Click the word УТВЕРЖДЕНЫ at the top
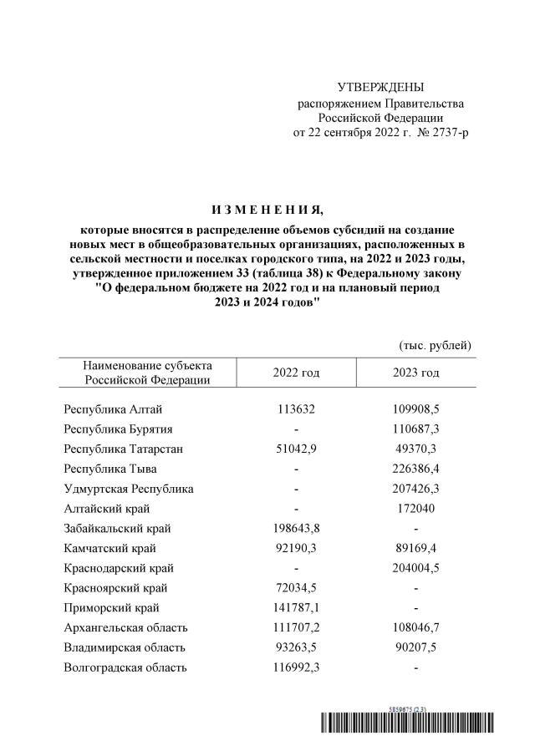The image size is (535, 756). (380, 88)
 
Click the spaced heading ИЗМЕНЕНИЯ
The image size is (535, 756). (266, 209)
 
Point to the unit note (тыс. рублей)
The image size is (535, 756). (433, 345)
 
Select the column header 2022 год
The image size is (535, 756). (296, 373)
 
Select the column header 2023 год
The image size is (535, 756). (415, 373)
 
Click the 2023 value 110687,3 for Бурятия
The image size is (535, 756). (415, 429)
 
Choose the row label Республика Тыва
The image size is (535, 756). (110, 469)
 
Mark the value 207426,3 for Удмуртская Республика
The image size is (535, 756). (415, 489)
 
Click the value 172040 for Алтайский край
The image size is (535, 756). (415, 509)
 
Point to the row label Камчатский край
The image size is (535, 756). (110, 549)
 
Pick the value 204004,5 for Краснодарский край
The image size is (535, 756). (415, 568)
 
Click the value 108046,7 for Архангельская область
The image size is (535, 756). (415, 628)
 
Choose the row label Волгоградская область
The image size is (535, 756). (125, 668)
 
